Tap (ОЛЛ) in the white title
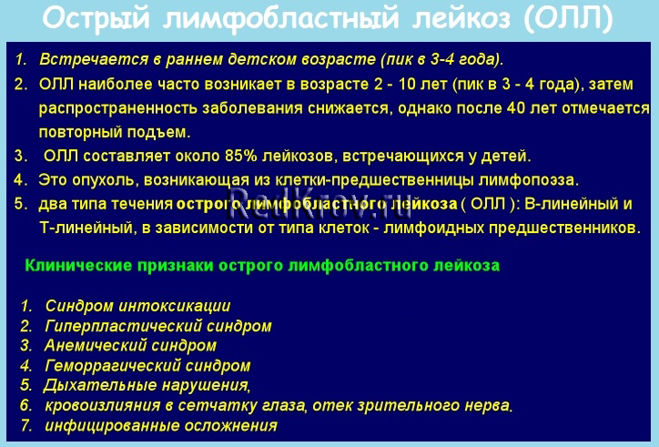click(x=568, y=18)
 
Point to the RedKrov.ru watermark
click(x=319, y=204)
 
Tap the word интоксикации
click(x=175, y=306)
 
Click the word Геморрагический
click(x=112, y=366)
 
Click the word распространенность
click(x=118, y=108)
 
